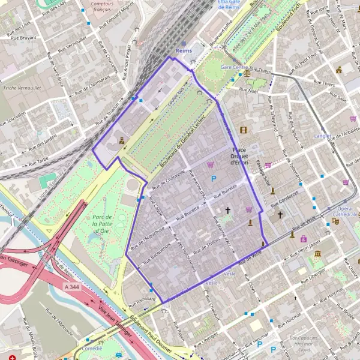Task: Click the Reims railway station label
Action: (x=184, y=51)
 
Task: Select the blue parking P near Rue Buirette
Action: (x=214, y=178)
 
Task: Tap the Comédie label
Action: (x=92, y=348)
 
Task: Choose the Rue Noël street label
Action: (x=248, y=90)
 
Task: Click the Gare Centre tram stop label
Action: (x=234, y=67)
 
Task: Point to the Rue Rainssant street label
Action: (x=146, y=297)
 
